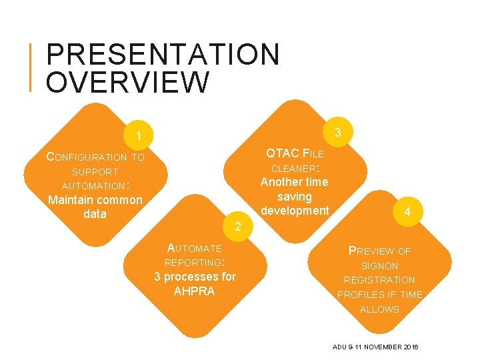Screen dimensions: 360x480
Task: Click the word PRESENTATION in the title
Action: [x=163, y=55]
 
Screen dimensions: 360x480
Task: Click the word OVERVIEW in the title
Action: [x=128, y=83]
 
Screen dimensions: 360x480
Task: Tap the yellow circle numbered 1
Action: [x=138, y=136]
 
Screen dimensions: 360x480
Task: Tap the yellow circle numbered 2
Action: [x=237, y=228]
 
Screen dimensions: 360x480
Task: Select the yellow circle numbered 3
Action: [x=338, y=132]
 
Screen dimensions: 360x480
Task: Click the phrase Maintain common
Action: [x=95, y=199]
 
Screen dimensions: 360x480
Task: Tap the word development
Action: [x=295, y=211]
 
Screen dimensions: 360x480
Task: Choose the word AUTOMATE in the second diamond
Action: [x=194, y=248]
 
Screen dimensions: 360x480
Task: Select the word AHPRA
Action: [x=194, y=291]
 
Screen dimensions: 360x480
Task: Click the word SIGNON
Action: [x=379, y=266]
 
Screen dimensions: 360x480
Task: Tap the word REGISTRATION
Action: [x=379, y=280]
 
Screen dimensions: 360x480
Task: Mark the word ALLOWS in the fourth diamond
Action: [x=379, y=309]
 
